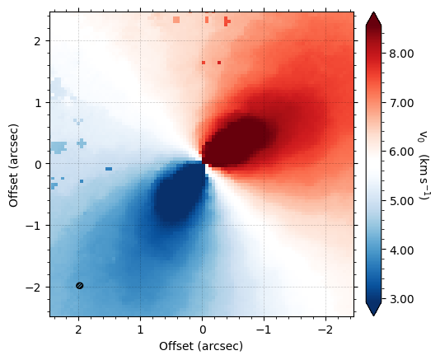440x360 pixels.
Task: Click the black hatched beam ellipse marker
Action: click(x=80, y=286)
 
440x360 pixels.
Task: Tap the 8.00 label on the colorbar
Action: click(x=401, y=54)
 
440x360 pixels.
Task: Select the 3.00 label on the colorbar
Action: click(x=401, y=299)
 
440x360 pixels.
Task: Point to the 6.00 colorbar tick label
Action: click(x=401, y=152)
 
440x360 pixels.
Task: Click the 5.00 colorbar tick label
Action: click(x=401, y=201)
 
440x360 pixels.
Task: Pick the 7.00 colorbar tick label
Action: click(x=401, y=103)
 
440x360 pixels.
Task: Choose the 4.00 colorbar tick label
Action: click(x=401, y=250)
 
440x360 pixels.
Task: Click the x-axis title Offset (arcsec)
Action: click(x=201, y=346)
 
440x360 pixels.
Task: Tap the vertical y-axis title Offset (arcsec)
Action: click(x=14, y=166)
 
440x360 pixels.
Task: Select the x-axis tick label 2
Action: click(x=78, y=330)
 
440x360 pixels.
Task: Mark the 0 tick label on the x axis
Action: click(x=202, y=330)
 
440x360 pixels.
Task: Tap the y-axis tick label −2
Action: click(x=35, y=288)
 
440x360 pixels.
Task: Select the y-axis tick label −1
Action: click(x=35, y=226)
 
